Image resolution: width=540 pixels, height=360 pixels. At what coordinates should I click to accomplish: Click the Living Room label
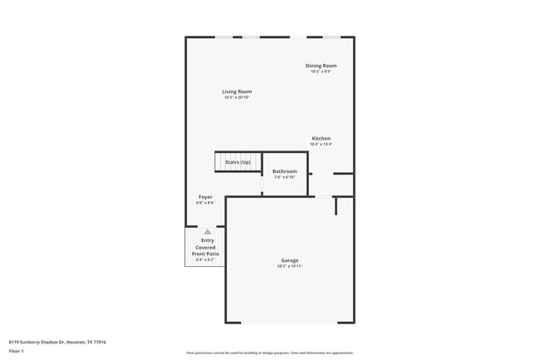coord(237,91)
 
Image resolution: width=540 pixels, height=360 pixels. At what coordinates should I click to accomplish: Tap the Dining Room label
coord(321,66)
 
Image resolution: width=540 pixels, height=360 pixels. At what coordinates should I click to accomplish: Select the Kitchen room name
coord(321,138)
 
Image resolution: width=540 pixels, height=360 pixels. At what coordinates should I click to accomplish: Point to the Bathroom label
coord(284,171)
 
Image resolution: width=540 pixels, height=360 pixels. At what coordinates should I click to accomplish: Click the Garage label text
coord(290,260)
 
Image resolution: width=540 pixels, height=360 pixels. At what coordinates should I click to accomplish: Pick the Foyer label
coord(205,197)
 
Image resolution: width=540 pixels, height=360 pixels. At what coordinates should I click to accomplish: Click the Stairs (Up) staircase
coord(238,161)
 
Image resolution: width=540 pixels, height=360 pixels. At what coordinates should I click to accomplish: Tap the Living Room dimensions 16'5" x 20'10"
coord(237,97)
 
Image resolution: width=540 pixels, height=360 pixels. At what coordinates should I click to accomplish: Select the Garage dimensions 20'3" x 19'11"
coord(290,266)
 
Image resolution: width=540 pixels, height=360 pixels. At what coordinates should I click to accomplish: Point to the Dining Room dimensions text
coord(321,72)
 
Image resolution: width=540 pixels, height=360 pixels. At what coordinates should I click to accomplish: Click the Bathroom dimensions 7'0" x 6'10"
coord(284,177)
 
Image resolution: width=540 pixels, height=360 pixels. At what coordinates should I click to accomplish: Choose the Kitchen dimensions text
coord(321,144)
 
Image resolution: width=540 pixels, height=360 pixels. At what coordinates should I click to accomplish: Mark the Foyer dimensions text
coord(205,203)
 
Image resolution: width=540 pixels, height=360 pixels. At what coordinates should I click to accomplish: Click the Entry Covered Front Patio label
coord(205,247)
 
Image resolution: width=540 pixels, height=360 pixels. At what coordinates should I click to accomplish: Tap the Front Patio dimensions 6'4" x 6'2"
coord(205,260)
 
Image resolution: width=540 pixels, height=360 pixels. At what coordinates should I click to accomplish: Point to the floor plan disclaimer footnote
coord(270,353)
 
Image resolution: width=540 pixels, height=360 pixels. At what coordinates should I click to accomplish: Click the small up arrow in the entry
coord(208,232)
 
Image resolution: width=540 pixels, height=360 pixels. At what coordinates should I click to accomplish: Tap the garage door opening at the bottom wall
coord(290,323)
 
